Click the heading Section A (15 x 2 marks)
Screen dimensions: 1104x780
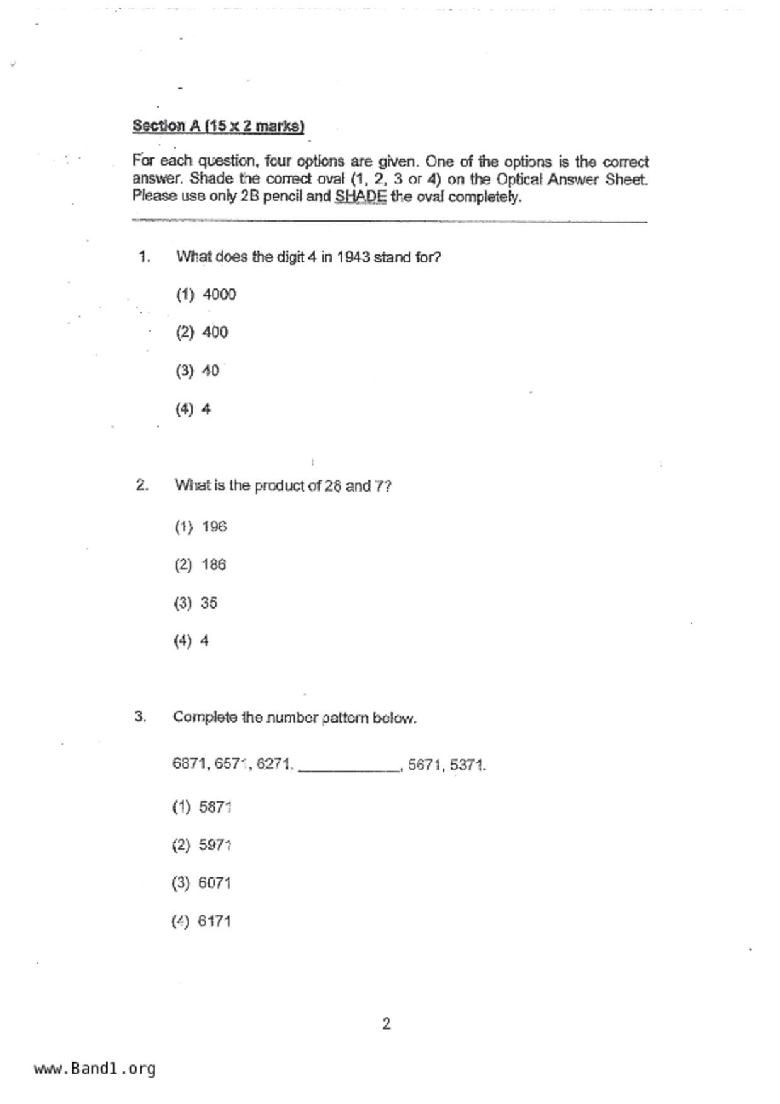(x=218, y=126)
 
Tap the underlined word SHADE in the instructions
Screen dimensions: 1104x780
(x=360, y=196)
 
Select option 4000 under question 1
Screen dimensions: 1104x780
(x=219, y=295)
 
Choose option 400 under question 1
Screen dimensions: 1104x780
(x=215, y=332)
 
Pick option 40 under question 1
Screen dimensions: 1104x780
(x=210, y=371)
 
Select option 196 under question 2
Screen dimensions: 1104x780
(x=214, y=526)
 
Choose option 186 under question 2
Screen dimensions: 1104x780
(x=213, y=565)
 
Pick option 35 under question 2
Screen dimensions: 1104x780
(x=209, y=603)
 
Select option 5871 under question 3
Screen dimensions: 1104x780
(x=215, y=807)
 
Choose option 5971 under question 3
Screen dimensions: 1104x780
(x=215, y=845)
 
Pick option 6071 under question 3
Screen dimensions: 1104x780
(x=214, y=883)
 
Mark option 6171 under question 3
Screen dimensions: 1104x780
(x=214, y=921)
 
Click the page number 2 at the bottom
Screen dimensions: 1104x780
(x=386, y=1024)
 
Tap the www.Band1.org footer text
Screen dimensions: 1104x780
(x=94, y=1068)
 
